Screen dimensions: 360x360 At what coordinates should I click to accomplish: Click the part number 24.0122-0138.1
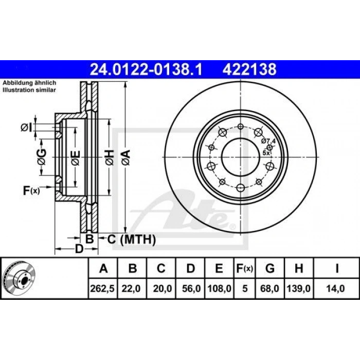click(x=146, y=69)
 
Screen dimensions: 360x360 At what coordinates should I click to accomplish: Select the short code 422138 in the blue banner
click(x=249, y=69)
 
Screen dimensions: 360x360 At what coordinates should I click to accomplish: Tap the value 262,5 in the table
click(x=102, y=289)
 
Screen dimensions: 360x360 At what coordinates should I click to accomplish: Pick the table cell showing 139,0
click(x=298, y=289)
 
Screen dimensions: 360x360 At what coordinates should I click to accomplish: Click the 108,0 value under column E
click(x=219, y=289)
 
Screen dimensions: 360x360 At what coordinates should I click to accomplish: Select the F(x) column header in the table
click(x=244, y=268)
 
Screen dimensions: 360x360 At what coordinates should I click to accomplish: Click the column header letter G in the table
click(x=270, y=268)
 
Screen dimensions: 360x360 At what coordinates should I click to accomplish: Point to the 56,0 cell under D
click(x=191, y=289)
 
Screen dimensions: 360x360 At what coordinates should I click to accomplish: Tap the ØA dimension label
click(x=126, y=157)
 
